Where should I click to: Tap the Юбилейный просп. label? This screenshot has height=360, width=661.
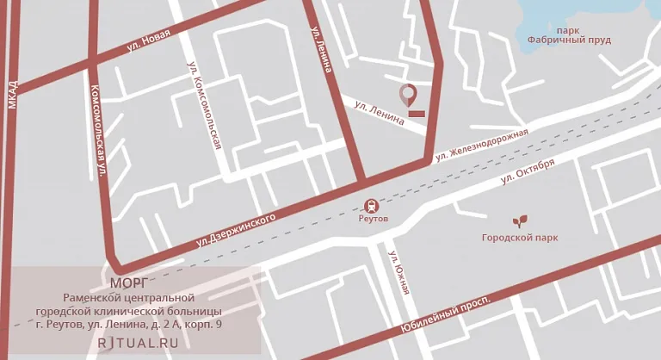[445, 316]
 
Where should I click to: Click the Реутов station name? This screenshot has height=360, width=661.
[374, 220]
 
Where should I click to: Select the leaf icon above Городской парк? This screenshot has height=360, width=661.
[520, 221]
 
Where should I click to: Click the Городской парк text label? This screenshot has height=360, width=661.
[520, 238]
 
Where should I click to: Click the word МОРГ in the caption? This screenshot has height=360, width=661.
[129, 282]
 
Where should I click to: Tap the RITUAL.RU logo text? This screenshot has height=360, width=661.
[138, 342]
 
